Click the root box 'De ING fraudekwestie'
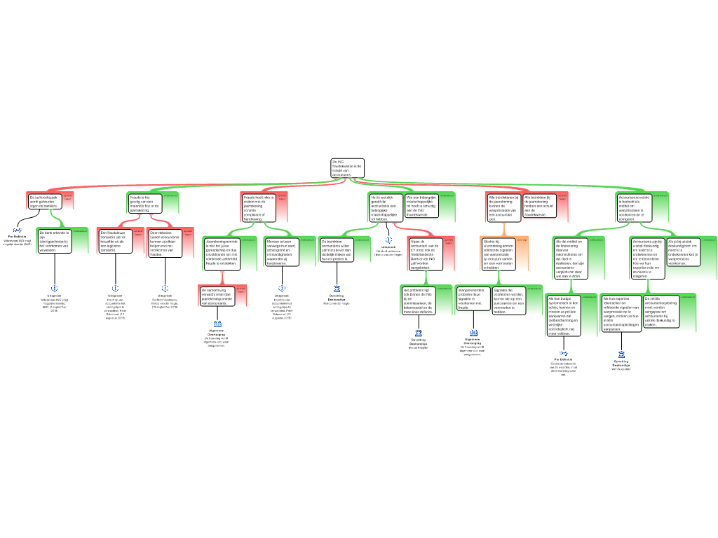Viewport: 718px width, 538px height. coord(347,168)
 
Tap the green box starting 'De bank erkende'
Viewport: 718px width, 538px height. coord(55,240)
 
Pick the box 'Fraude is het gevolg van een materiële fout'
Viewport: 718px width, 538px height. coord(145,203)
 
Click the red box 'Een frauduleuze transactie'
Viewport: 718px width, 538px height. coord(116,240)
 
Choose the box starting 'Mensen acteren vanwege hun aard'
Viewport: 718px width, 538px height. coord(282,252)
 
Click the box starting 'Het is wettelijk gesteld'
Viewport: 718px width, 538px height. coord(385,208)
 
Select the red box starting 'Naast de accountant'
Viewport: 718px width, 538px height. coord(425,252)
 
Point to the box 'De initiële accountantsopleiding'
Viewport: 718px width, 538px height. coord(661,312)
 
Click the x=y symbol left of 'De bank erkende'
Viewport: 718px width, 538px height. coord(18,230)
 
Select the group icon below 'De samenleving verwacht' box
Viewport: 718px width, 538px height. coord(217,324)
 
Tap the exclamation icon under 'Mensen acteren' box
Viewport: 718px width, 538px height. coord(282,289)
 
